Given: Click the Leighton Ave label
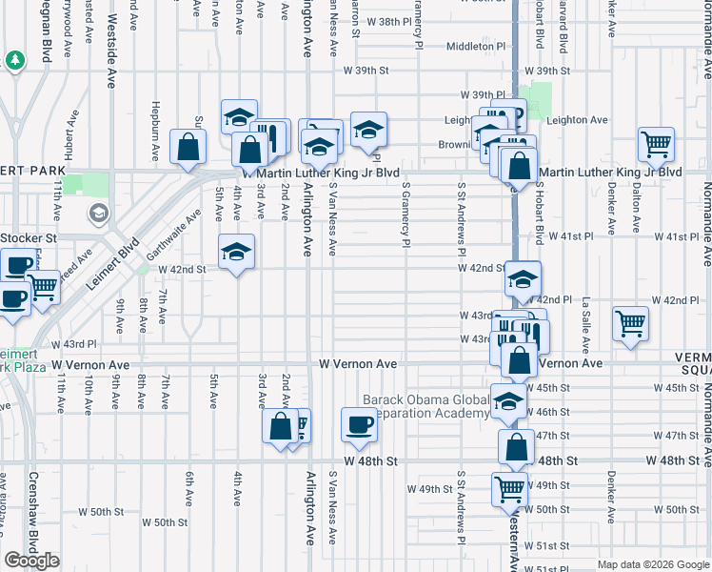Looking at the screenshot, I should tap(576, 120).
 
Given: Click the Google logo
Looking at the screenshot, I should tap(32, 561).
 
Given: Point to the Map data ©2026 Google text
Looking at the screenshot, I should tap(652, 564).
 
